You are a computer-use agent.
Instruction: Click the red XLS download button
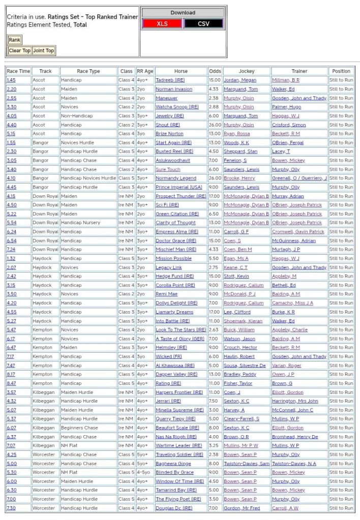click(162, 24)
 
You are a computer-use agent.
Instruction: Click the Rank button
click(14, 40)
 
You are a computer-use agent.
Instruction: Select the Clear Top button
click(19, 51)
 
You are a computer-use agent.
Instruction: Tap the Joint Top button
click(43, 51)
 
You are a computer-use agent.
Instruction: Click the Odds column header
click(215, 71)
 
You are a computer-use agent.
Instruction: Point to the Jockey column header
click(247, 71)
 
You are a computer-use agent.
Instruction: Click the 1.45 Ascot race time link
click(11, 80)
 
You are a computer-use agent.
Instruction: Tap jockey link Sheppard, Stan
click(241, 151)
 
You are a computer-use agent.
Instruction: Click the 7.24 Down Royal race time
click(11, 250)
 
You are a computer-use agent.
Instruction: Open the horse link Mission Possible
click(173, 258)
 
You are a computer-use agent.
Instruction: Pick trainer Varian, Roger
click(287, 365)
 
